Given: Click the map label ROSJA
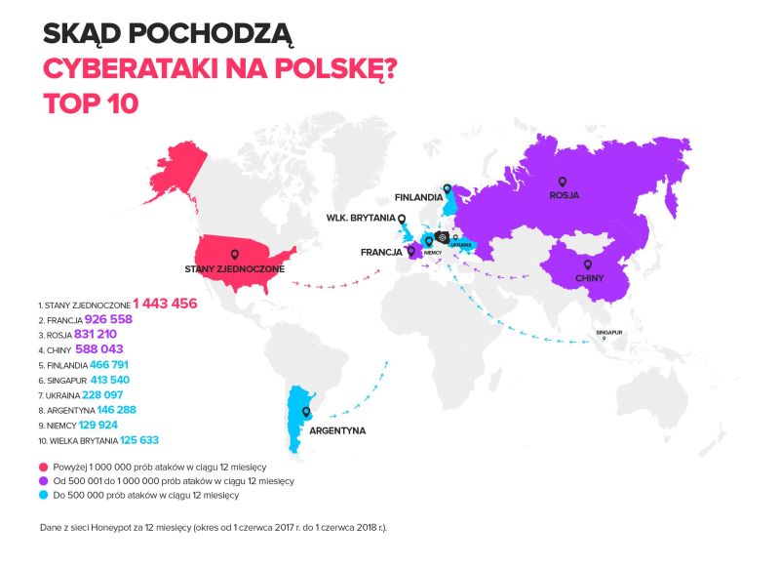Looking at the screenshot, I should (x=564, y=195).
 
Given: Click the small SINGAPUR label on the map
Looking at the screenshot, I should (x=610, y=333).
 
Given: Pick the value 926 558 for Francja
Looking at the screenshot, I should (x=105, y=319).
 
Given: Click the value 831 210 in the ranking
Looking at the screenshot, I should (x=96, y=334).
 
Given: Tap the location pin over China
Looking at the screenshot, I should (x=587, y=264).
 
